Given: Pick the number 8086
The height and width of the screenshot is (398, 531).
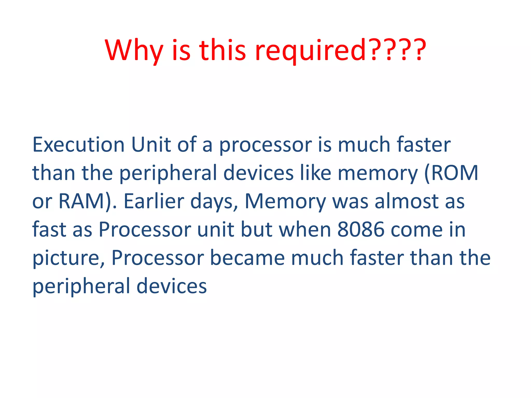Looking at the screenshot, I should (x=361, y=229).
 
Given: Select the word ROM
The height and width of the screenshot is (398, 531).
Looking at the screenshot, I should (x=454, y=173).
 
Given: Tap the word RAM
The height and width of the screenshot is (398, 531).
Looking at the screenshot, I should (x=82, y=201).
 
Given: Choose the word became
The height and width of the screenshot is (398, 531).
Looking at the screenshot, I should (x=247, y=258).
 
